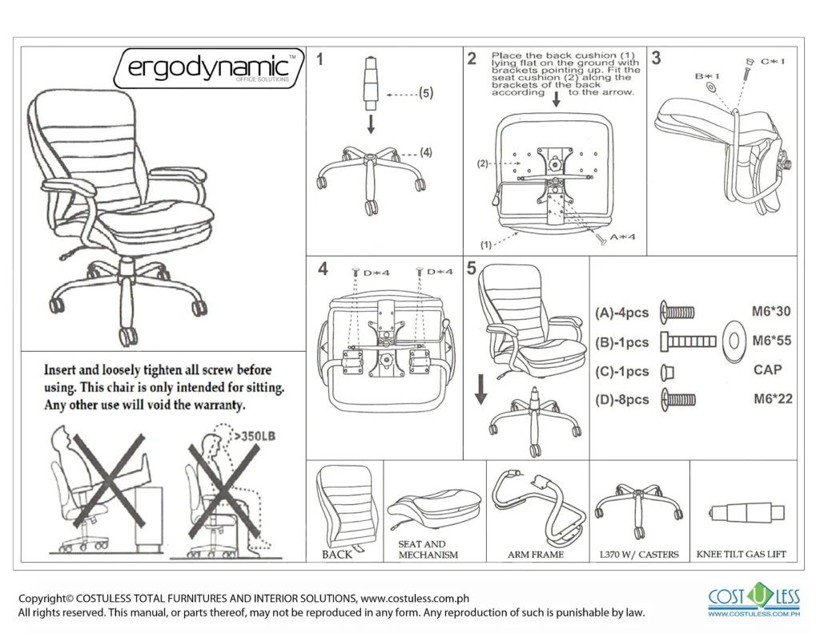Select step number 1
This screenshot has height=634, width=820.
pos(320,59)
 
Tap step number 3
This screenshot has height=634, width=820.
pos(656,58)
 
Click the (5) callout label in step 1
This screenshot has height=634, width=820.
pos(425,93)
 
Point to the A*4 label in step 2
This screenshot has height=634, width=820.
pos(623,236)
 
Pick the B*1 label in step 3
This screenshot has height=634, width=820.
pos(707,76)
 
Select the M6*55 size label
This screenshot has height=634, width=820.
pos(772,341)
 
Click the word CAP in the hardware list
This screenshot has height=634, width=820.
pos(768,370)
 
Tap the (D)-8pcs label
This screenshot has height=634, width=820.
pos(622,400)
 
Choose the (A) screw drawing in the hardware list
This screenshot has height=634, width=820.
pos(677,313)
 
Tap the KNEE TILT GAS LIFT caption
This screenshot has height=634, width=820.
pos(741,555)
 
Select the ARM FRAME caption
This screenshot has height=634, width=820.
pos(535,555)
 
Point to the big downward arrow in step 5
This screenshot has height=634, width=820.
pos(481,390)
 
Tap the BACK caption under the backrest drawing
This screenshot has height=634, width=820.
pos(336,555)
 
